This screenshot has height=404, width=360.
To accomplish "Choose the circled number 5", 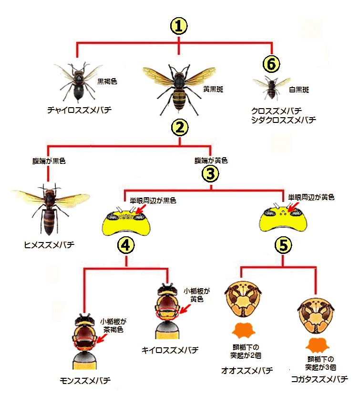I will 283,245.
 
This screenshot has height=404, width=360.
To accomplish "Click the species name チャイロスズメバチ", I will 80,110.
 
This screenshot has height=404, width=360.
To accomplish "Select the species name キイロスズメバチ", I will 169,350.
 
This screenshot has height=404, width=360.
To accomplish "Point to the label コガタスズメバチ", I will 319,379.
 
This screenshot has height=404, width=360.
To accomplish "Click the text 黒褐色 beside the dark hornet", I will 107,81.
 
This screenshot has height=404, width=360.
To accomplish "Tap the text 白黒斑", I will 299,90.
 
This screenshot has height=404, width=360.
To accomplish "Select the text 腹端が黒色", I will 46,161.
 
